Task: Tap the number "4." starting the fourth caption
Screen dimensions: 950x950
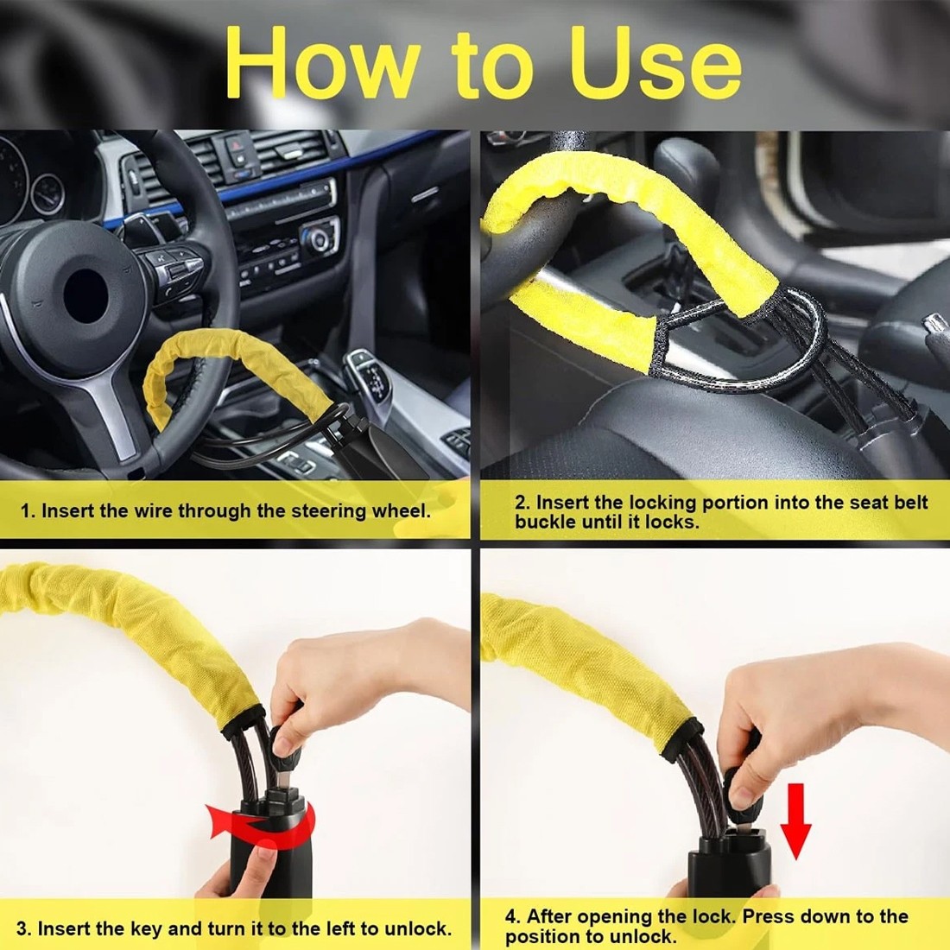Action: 513,916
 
